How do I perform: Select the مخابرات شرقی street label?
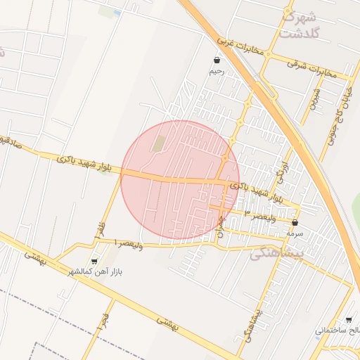pos(312,67)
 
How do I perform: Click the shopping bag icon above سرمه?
pos(294,221)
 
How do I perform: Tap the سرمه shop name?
pos(294,231)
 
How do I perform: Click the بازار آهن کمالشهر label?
pos(96,271)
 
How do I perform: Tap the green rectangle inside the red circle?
pos(160,143)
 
